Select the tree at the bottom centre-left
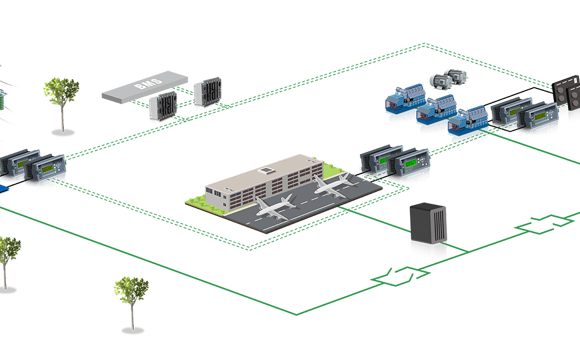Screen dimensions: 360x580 pos(130,292)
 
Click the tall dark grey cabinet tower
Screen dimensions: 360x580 pos(431,231)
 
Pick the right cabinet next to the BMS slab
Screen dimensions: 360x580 pos(209,92)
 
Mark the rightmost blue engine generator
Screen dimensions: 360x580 pos(467,125)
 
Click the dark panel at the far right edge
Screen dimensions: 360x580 pos(568,99)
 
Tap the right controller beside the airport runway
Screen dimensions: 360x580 pos(411,165)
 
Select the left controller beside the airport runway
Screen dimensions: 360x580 pos(379,158)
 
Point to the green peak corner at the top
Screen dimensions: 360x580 pos(425,43)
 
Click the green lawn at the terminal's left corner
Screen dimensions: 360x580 pos(200,202)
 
